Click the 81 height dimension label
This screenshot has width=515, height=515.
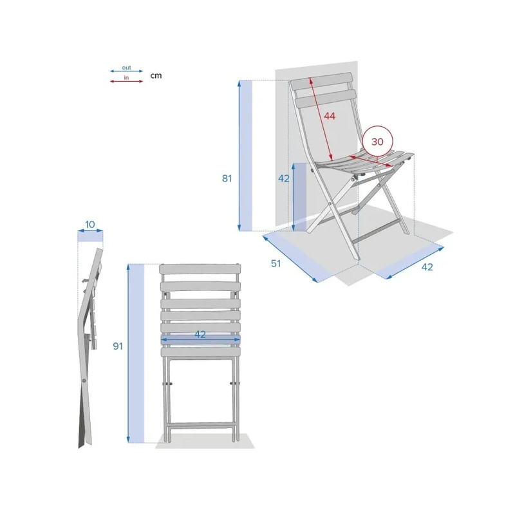click(227, 178)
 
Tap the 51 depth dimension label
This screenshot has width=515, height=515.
click(276, 263)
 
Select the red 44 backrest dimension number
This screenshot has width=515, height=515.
click(330, 116)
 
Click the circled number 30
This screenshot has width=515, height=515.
click(377, 142)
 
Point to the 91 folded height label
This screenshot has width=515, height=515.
click(118, 346)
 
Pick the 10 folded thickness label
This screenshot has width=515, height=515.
click(90, 224)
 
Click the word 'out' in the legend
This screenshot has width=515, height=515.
click(126, 68)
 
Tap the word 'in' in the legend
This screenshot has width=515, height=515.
click(126, 78)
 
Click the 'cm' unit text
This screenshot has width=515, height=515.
click(156, 75)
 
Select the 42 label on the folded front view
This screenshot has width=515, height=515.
click(200, 334)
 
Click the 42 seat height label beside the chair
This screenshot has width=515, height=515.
click(284, 178)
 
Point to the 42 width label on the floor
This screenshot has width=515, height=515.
click(427, 267)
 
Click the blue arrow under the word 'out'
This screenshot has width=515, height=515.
click(126, 71)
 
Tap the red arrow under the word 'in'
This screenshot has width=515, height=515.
click(126, 81)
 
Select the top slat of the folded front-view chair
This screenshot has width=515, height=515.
click(200, 269)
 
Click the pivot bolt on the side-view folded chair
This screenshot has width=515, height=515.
click(84, 380)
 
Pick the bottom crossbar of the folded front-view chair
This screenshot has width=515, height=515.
click(200, 427)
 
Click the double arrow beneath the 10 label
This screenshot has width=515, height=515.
click(90, 231)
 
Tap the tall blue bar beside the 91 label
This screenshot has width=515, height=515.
click(136, 353)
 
